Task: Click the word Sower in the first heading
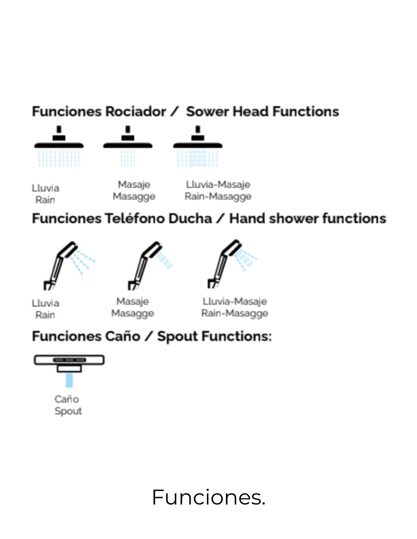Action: [x=207, y=112]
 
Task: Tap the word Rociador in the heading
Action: [x=135, y=112]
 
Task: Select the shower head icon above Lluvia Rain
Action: [x=59, y=146]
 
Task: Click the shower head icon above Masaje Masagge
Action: [x=128, y=146]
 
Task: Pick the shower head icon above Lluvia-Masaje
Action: [x=198, y=146]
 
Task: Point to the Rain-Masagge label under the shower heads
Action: [x=218, y=196]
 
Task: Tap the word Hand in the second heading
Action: [x=247, y=219]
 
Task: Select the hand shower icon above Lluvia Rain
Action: [x=66, y=265]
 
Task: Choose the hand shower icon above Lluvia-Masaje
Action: [x=229, y=265]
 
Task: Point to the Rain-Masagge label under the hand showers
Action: [x=235, y=313]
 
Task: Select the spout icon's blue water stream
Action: [x=69, y=380]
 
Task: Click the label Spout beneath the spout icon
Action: [x=68, y=411]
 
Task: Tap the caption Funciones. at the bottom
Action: [x=208, y=497]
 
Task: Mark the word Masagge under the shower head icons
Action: [x=134, y=196]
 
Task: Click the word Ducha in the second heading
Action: [x=190, y=219]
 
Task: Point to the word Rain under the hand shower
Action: [x=45, y=315]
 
